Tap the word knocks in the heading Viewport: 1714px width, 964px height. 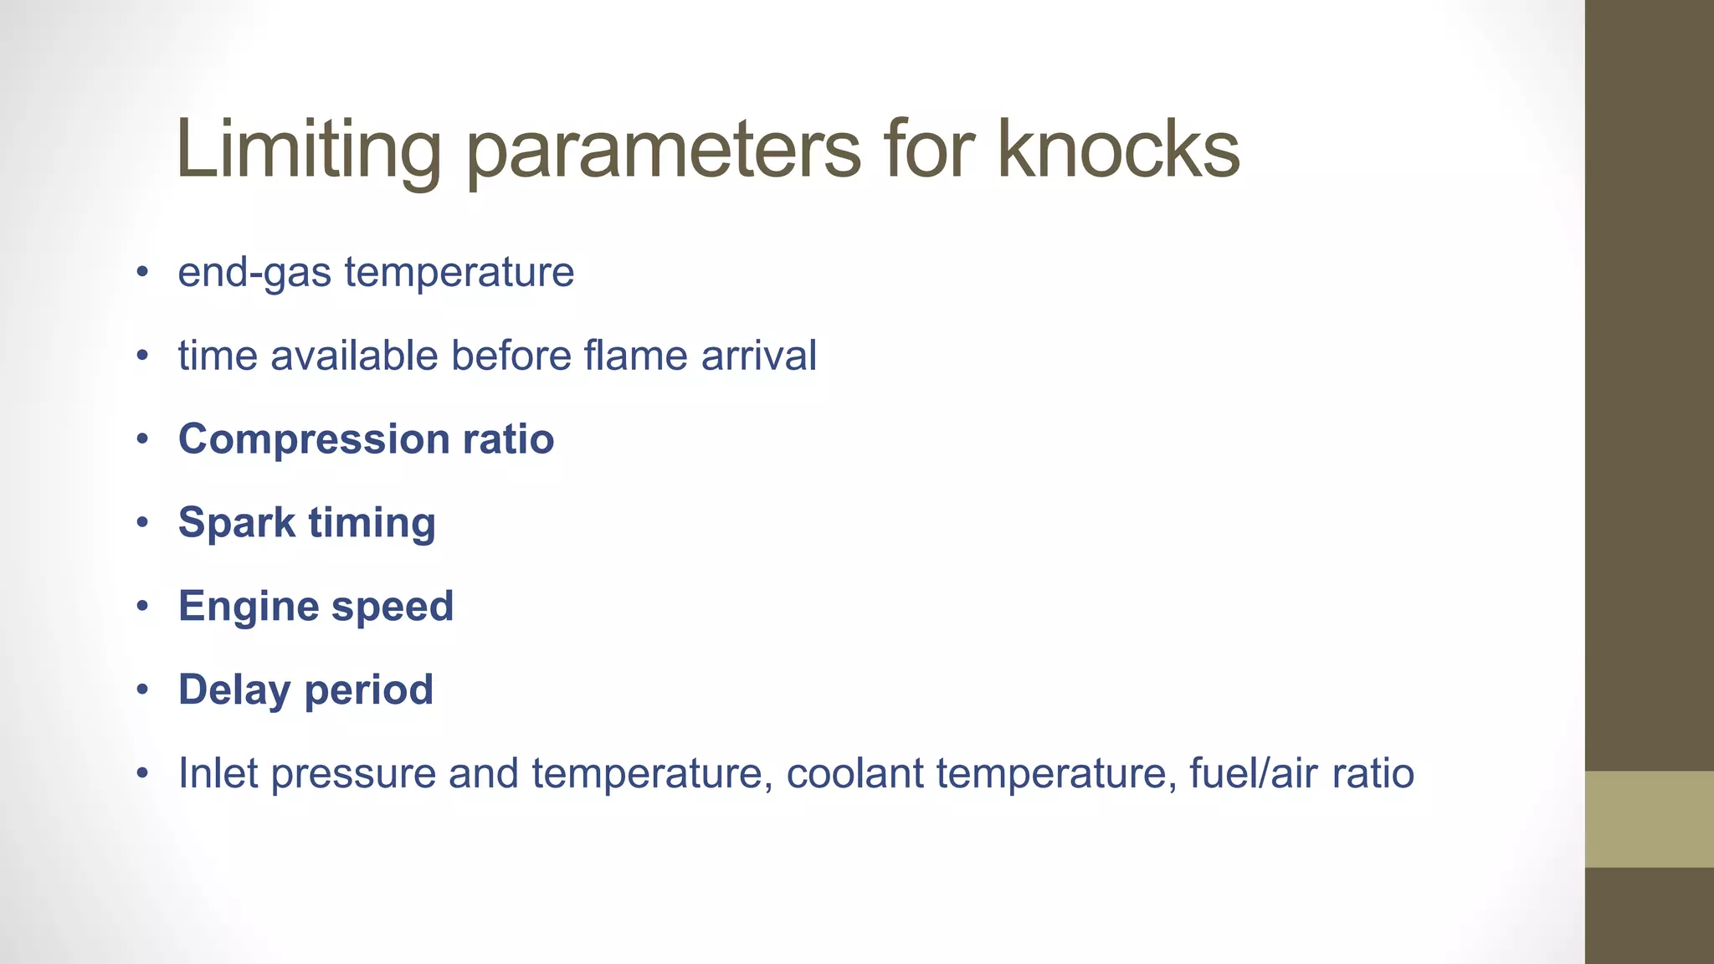(x=1118, y=149)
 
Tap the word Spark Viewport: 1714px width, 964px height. (x=237, y=522)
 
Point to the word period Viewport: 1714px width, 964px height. (x=369, y=691)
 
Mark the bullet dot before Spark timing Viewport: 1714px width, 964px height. (x=143, y=522)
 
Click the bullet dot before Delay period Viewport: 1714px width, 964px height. (x=143, y=690)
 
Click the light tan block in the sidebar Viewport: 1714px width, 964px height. (x=1649, y=818)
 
